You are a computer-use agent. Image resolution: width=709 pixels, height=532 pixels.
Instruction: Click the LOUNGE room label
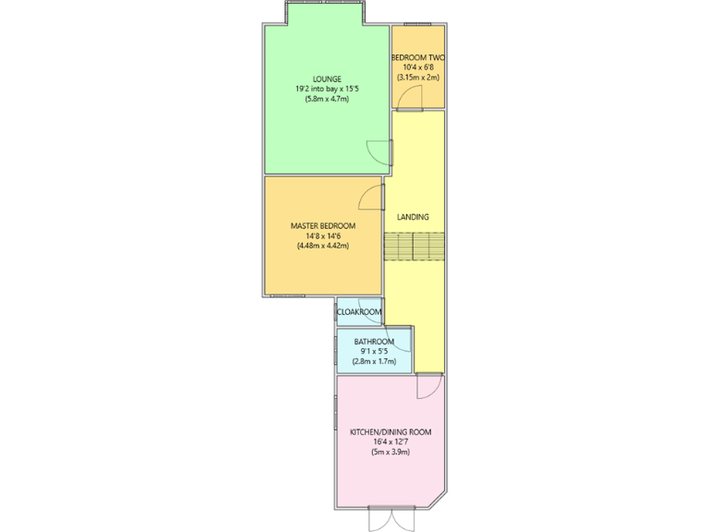click(327, 79)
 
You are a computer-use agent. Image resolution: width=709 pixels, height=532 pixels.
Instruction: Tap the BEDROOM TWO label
click(418, 56)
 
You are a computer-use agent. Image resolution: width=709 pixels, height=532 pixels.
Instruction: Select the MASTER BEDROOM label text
click(322, 225)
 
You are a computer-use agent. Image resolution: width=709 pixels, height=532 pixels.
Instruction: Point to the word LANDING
click(413, 217)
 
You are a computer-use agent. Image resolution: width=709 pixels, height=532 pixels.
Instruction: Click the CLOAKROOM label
click(359, 312)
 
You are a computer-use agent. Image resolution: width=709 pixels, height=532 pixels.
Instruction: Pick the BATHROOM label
click(374, 342)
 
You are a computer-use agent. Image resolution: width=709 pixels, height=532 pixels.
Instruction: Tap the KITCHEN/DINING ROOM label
click(390, 431)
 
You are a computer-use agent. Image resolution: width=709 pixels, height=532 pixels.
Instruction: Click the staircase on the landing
click(415, 248)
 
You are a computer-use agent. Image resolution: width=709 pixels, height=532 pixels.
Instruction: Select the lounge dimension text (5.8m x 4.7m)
click(327, 99)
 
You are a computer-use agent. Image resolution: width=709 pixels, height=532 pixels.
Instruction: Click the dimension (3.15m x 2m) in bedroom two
click(418, 77)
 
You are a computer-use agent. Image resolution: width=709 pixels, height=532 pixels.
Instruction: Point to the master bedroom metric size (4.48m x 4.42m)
click(322, 246)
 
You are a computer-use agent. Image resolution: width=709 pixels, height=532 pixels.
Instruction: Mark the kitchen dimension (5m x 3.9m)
click(390, 452)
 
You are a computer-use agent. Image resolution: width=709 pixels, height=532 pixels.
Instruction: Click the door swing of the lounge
click(376, 151)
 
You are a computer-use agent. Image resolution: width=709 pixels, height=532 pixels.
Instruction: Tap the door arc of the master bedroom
click(370, 195)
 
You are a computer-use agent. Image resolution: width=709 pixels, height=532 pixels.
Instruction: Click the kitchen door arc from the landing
click(428, 387)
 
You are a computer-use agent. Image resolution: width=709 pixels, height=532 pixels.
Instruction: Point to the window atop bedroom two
click(417, 24)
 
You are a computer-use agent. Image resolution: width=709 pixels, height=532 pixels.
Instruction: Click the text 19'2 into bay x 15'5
click(327, 89)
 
